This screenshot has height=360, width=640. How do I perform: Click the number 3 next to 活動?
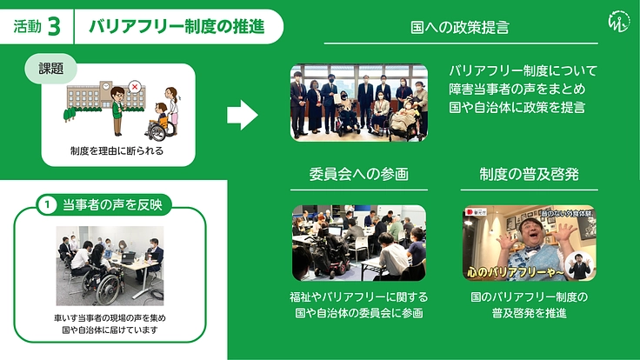pos(53,27)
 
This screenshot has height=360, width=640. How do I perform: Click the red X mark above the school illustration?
pos(134,86)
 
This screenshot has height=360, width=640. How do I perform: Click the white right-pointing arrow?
pos(242,114)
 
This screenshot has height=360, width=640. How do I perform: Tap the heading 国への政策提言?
pos(460,28)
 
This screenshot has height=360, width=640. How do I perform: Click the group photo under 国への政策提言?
pos(359,102)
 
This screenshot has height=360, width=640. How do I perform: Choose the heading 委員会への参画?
pos(358,173)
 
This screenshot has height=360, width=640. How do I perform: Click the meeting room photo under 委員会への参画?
pos(359,243)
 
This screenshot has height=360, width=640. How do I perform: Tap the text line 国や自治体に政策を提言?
pos(517,108)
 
